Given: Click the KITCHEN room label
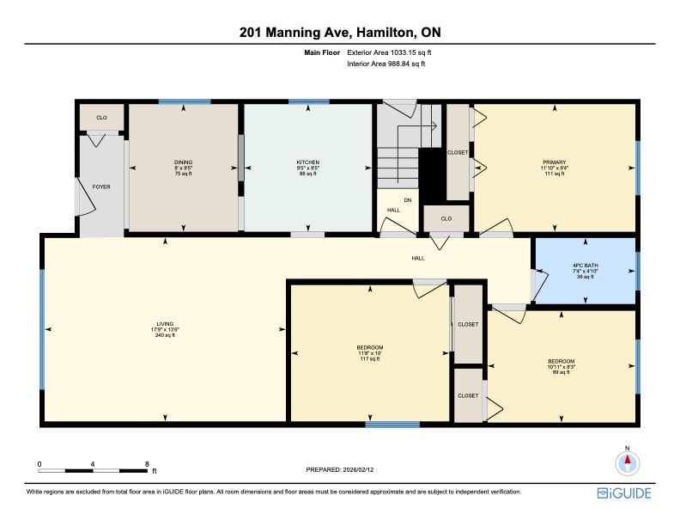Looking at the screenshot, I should tap(308, 162).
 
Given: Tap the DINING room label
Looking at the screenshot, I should tap(184, 162).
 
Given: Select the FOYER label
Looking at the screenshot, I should tap(101, 187).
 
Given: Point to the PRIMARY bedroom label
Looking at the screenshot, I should tap(555, 162).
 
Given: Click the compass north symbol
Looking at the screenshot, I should tap(628, 462).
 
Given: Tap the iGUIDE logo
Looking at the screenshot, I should tap(624, 492).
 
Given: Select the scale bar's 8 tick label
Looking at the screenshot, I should tap(147, 463).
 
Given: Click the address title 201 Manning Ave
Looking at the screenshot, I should tap(339, 33).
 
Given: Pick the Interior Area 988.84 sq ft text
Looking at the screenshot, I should tap(386, 64).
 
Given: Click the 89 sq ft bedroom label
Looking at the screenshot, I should tap(561, 372).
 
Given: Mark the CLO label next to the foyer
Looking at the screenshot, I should tap(101, 117).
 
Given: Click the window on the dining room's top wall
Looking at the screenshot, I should tap(184, 102).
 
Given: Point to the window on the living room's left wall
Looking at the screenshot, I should tap(41, 328).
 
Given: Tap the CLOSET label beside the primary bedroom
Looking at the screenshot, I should tap(458, 152).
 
